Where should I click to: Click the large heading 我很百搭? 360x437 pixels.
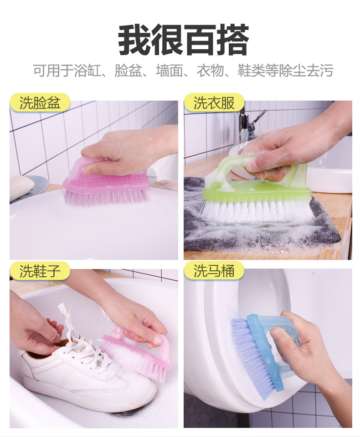pyautogui.click(x=183, y=40)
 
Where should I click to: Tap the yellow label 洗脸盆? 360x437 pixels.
pyautogui.click(x=40, y=102)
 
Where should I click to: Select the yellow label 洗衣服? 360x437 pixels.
pyautogui.click(x=214, y=102)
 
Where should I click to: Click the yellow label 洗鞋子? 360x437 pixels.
pyautogui.click(x=40, y=271)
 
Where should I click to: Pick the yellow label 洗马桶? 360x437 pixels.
pyautogui.click(x=214, y=271)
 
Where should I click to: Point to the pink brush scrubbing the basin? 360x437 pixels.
pyautogui.click(x=107, y=181)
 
